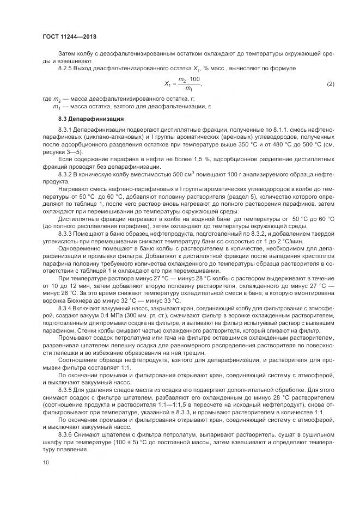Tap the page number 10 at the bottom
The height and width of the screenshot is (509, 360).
45,463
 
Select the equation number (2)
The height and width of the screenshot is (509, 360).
330,84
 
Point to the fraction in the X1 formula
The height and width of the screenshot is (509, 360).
189,84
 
